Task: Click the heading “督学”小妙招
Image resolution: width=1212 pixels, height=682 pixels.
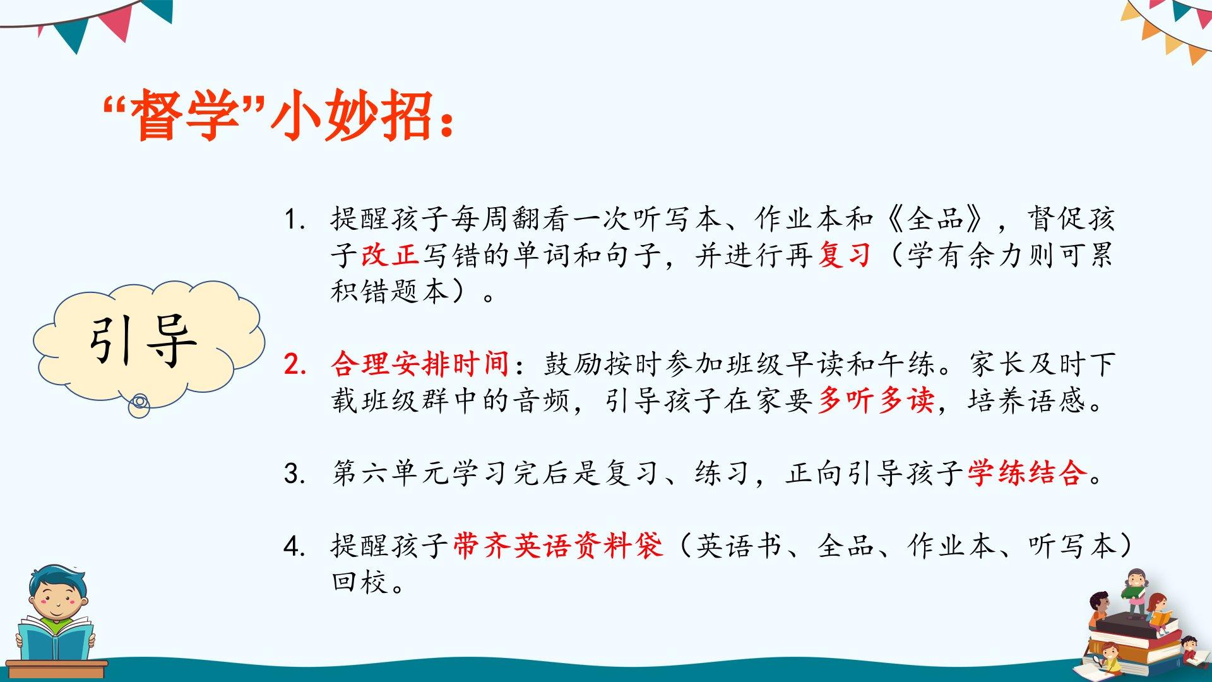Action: click(277, 115)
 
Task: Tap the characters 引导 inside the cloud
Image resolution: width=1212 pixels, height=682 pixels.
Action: click(143, 341)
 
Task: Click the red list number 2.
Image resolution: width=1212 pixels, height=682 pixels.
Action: click(295, 364)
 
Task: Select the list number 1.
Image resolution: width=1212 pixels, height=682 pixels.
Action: click(295, 219)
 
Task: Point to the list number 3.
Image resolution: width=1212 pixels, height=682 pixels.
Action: click(295, 473)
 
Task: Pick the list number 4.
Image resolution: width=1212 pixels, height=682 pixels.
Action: click(295, 546)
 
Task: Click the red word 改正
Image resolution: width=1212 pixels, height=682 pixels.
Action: click(390, 255)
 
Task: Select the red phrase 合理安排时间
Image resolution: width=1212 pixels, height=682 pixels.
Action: click(420, 364)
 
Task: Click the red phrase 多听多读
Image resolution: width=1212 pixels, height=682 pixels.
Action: click(876, 400)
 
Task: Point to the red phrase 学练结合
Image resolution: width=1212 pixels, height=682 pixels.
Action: click(1028, 472)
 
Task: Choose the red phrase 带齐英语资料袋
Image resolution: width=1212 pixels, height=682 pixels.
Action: click(558, 546)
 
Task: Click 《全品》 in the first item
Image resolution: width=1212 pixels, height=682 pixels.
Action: click(936, 218)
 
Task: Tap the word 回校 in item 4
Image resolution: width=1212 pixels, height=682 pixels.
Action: click(360, 582)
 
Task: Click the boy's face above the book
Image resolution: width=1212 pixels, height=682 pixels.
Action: click(56, 600)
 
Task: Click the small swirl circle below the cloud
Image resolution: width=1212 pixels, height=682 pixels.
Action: click(140, 405)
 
